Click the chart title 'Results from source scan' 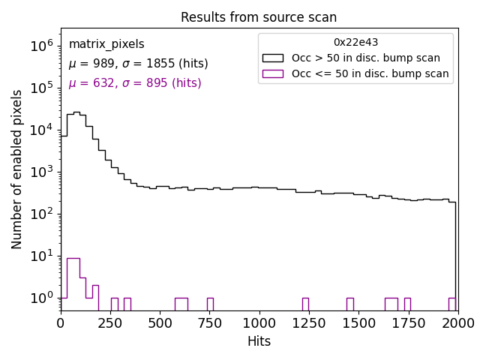coord(259,17)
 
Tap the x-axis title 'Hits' coord(259,341)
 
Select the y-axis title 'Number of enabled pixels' coord(17,169)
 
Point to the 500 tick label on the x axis coord(160,323)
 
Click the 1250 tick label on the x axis coord(308,323)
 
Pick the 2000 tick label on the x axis coord(457,323)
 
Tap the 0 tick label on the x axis coord(61,323)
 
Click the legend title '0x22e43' coord(355,43)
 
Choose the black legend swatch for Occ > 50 coord(274,58)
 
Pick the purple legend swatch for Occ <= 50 coord(274,73)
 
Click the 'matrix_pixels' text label coord(106,44)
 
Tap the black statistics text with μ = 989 coord(138,64)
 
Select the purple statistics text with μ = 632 coord(135,83)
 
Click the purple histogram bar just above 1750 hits coord(407,304)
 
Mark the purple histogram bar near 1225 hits coord(305,304)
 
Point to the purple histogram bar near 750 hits coord(210,304)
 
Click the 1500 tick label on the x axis coord(358,323)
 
